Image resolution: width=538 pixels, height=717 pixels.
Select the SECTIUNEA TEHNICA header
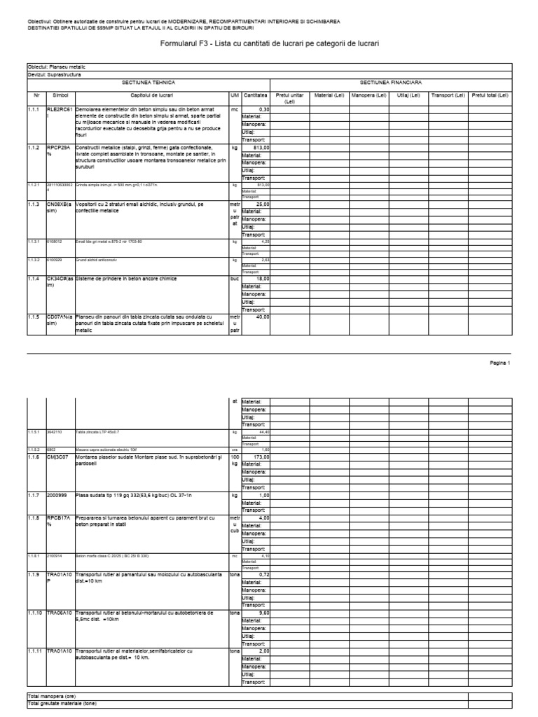click(148, 83)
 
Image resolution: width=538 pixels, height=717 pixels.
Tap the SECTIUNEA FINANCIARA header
click(392, 83)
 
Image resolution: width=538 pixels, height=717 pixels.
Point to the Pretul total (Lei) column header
click(490, 95)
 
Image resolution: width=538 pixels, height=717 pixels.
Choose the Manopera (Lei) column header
click(368, 95)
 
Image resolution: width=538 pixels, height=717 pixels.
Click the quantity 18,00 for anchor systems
click(261, 278)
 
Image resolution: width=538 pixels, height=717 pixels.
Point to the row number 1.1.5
click(34, 316)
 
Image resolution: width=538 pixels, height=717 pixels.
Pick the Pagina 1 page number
click(499, 363)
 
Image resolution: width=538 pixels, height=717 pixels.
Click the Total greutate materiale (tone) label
click(61, 704)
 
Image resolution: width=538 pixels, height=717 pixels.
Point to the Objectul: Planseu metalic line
click(57, 67)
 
